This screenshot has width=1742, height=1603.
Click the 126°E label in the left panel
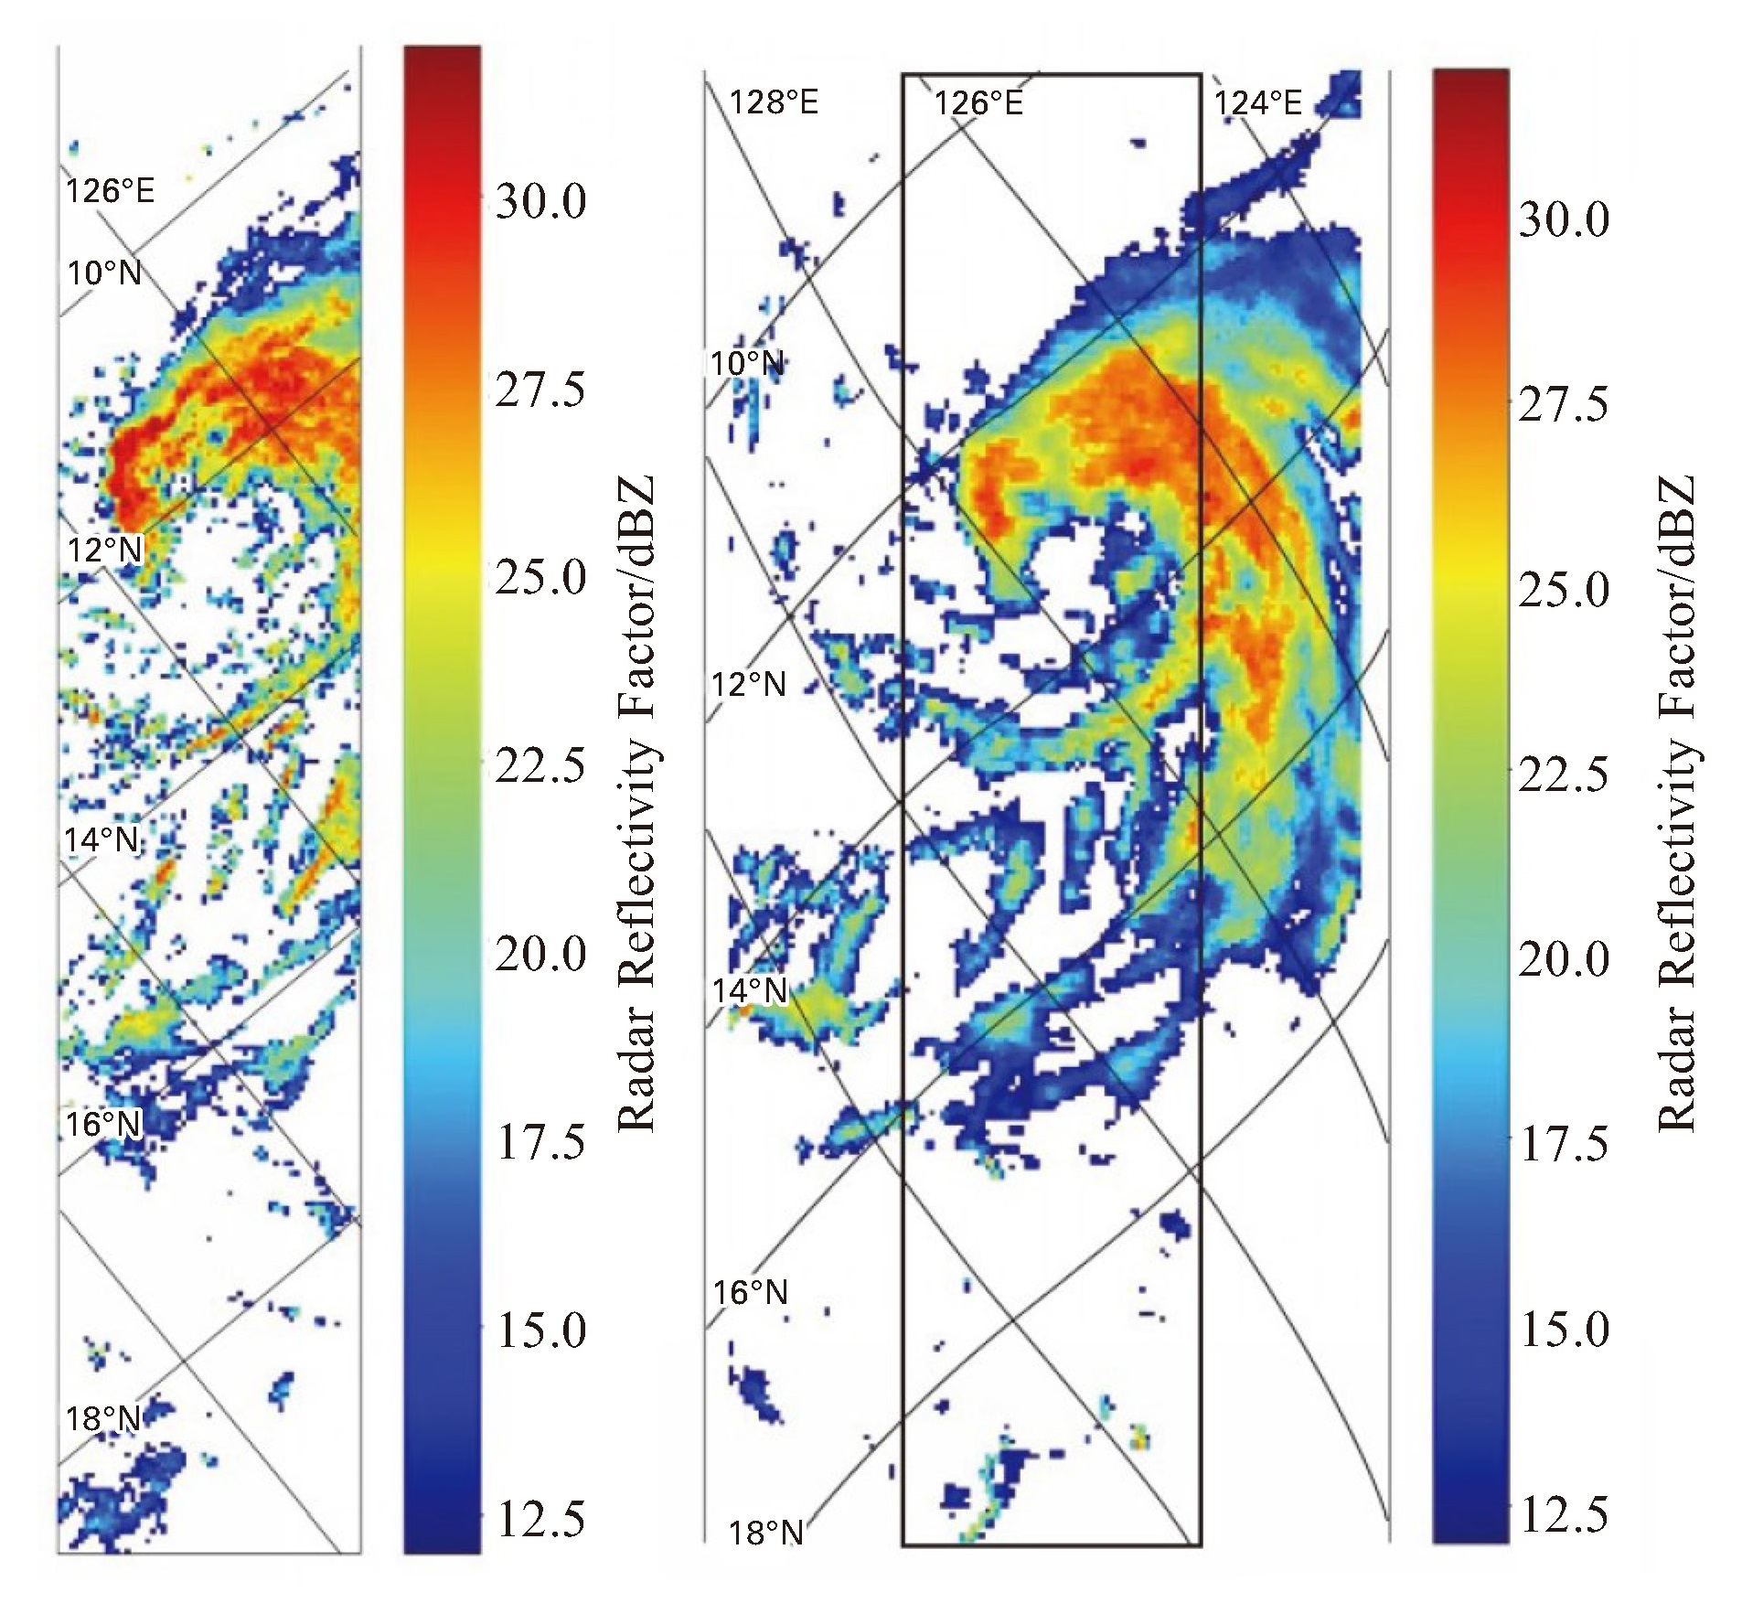(109, 191)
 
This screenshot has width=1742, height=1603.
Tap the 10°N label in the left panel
(104, 273)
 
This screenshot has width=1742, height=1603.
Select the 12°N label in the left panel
(104, 550)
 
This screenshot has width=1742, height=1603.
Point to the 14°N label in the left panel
(101, 839)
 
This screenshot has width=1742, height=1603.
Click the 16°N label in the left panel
(103, 1123)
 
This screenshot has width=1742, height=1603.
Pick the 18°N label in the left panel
(102, 1418)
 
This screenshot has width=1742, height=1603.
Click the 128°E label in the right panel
(774, 102)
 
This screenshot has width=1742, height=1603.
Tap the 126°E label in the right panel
(978, 102)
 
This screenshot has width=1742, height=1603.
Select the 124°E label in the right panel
(1257, 102)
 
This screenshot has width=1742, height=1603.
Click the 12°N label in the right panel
(749, 684)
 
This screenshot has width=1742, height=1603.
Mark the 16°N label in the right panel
(751, 1292)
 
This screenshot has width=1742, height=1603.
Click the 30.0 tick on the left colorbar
(540, 201)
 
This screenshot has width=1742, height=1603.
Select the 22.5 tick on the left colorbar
(540, 764)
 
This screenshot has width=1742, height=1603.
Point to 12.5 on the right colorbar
(1564, 1516)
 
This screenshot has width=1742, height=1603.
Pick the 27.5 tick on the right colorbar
(1564, 404)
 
